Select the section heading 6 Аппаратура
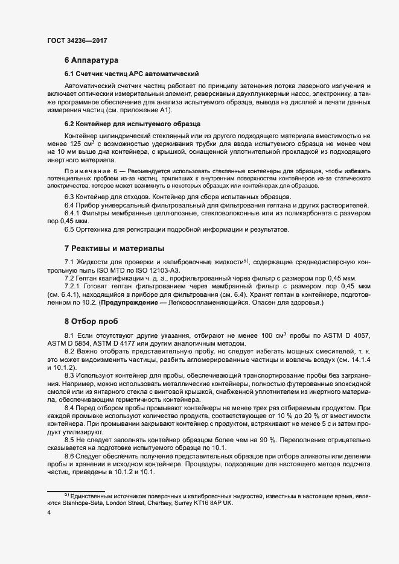pos(91,60)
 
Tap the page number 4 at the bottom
pos(48,513)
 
